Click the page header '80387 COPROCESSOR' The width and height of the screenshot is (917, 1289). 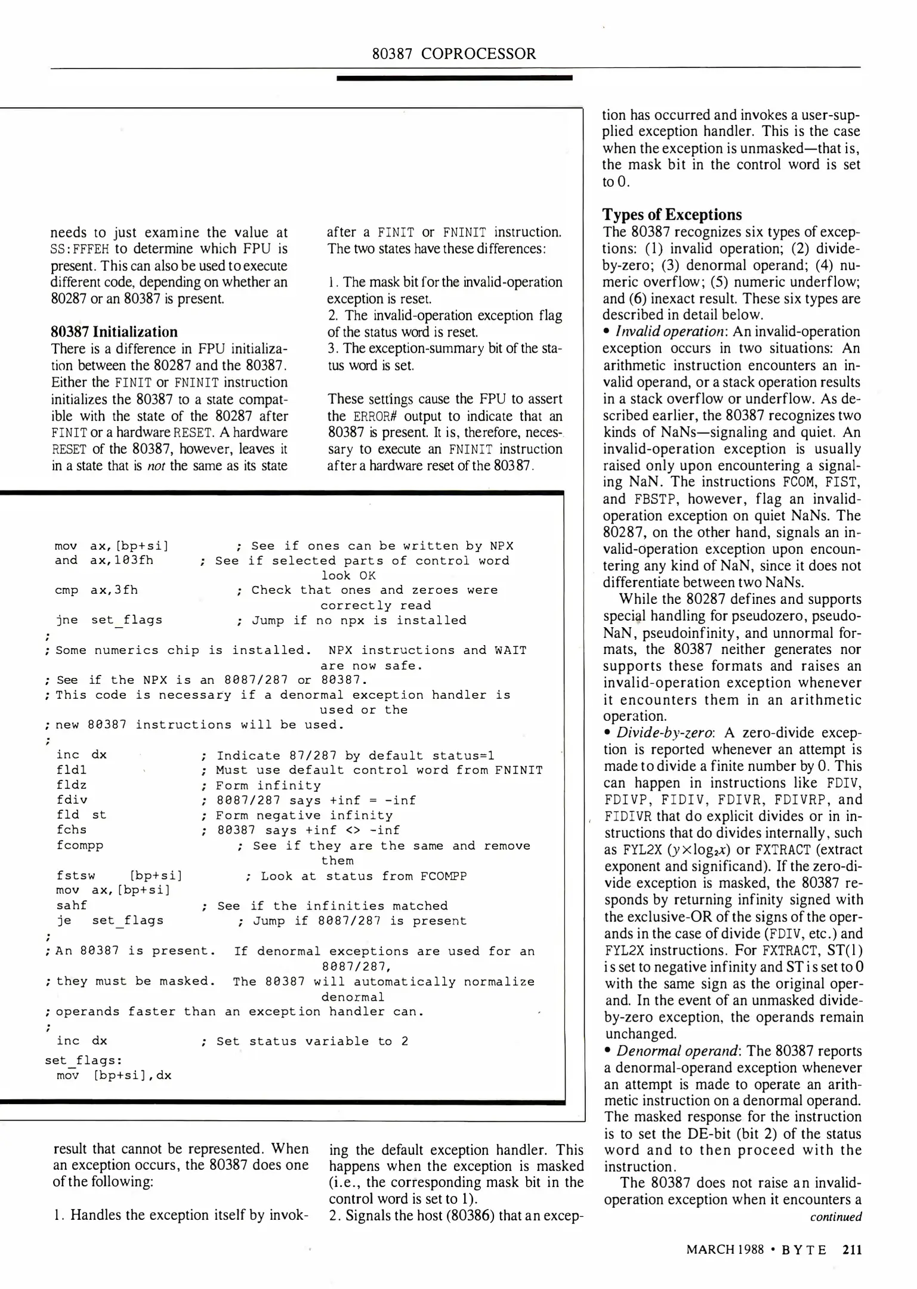pyautogui.click(x=454, y=54)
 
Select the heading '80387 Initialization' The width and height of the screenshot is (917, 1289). pyautogui.click(x=114, y=332)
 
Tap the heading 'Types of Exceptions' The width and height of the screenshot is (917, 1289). pyautogui.click(x=672, y=215)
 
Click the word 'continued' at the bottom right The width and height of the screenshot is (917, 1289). pyautogui.click(x=835, y=1217)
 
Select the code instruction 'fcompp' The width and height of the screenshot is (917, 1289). pyautogui.click(x=79, y=846)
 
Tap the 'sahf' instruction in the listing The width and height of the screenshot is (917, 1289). pyautogui.click(x=71, y=905)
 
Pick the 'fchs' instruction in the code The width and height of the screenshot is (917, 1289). pyautogui.click(x=71, y=829)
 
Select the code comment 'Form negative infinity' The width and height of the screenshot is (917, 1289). pyautogui.click(x=304, y=815)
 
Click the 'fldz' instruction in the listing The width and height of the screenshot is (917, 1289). pyautogui.click(x=71, y=785)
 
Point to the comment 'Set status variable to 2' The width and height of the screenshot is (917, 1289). pyautogui.click(x=312, y=1041)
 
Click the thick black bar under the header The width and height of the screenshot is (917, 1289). pyautogui.click(x=454, y=78)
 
